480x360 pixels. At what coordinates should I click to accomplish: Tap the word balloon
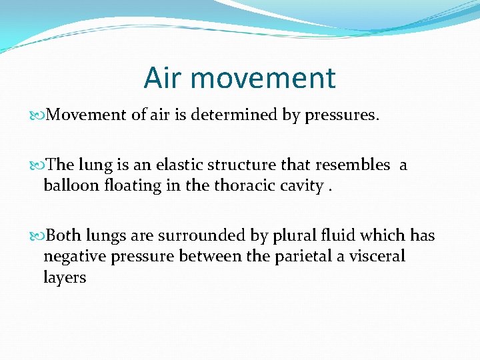coord(73,185)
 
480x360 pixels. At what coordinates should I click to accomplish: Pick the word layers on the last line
coord(65,277)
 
